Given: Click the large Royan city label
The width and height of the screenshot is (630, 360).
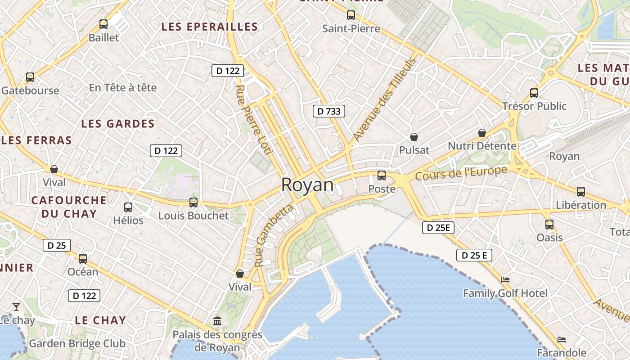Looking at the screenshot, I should (x=308, y=185).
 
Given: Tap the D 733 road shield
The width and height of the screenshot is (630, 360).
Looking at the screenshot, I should (x=329, y=111).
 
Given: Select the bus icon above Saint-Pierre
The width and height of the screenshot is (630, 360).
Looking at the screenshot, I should (x=351, y=15).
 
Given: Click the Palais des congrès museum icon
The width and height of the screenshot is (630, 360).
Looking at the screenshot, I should (x=218, y=321).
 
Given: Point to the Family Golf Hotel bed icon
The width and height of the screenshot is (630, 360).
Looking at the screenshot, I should (x=505, y=280).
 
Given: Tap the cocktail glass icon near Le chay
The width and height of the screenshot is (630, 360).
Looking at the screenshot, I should (x=16, y=306).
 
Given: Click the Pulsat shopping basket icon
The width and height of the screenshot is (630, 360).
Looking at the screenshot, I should (x=414, y=137).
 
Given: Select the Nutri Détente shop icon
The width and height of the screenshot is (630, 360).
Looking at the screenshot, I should (x=482, y=133).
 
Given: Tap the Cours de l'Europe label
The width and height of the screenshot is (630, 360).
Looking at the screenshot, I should (x=461, y=173).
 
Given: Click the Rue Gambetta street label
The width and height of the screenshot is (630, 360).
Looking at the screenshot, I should (x=273, y=234).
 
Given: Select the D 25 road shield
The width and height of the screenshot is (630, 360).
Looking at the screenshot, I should (x=57, y=245).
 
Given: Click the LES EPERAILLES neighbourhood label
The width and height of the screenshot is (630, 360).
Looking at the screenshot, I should (x=210, y=27).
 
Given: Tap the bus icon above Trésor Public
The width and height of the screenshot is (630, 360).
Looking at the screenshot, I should (x=534, y=93).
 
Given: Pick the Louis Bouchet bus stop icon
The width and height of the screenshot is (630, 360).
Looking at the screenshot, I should (x=193, y=202).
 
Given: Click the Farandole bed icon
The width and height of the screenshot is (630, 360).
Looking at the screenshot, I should (x=561, y=340).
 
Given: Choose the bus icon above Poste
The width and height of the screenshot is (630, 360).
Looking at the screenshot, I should (x=382, y=175).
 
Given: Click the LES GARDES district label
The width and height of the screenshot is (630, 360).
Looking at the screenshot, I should (x=118, y=124).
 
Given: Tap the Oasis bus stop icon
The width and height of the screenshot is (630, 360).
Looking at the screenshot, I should (x=549, y=224).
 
